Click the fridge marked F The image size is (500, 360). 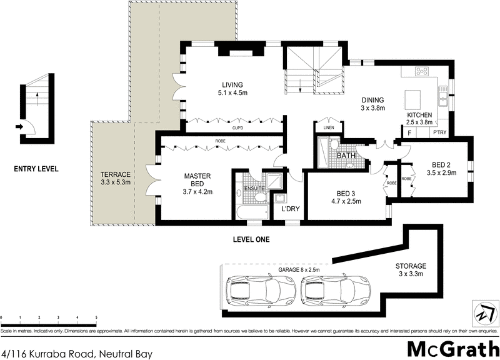pyautogui.click(x=409, y=132)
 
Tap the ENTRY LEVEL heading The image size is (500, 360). pyautogui.click(x=37, y=169)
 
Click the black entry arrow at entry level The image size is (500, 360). pyautogui.click(x=20, y=127)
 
